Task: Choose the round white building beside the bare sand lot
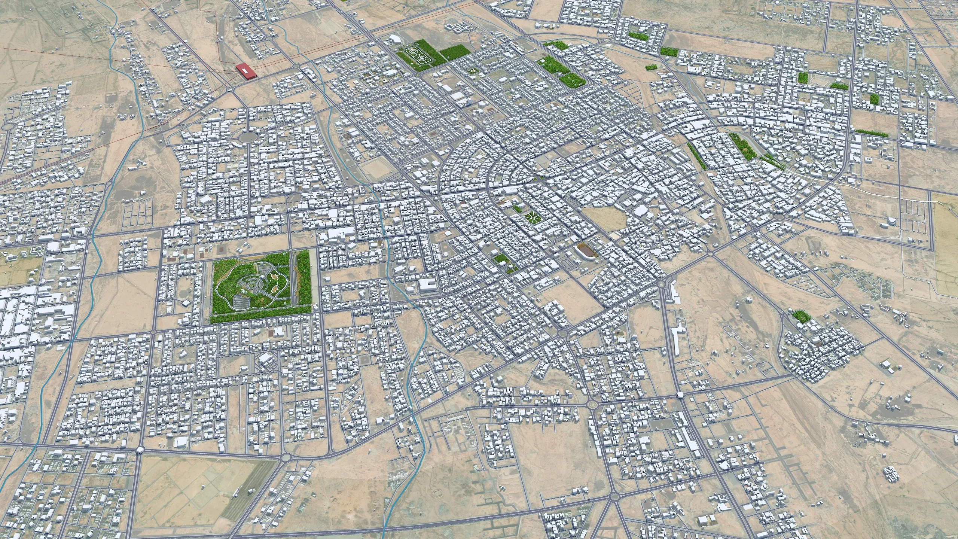point(638,211)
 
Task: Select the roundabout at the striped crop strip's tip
point(286,457)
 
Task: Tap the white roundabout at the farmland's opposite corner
point(140,450)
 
